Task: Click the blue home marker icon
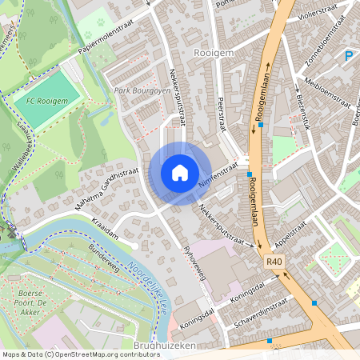pyautogui.click(x=180, y=172)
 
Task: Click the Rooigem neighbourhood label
pyautogui.click(x=213, y=52)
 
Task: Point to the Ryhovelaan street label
pyautogui.click(x=195, y=262)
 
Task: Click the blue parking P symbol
pyautogui.click(x=348, y=56)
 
